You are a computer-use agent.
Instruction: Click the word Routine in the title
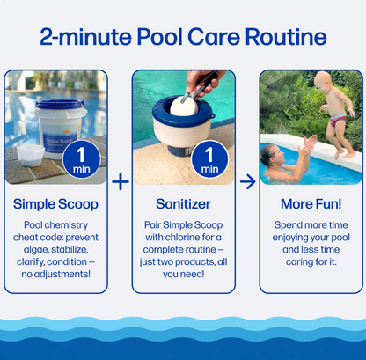click(x=286, y=37)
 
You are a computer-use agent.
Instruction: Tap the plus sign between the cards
click(x=121, y=182)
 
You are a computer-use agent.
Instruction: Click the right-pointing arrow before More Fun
click(x=248, y=182)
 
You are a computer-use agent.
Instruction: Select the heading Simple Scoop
click(x=55, y=204)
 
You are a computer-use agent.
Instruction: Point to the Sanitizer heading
click(x=183, y=204)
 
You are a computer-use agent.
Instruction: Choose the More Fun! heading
click(x=311, y=204)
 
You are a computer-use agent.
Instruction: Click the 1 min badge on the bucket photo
click(x=82, y=160)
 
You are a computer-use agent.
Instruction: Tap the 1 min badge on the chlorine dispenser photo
click(x=209, y=160)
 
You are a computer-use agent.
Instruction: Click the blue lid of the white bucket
click(x=60, y=105)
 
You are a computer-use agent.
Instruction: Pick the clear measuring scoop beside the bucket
click(x=31, y=155)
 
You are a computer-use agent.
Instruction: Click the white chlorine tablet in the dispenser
click(x=184, y=107)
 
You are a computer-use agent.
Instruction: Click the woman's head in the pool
click(x=272, y=157)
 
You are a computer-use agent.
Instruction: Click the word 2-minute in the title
click(x=86, y=37)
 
